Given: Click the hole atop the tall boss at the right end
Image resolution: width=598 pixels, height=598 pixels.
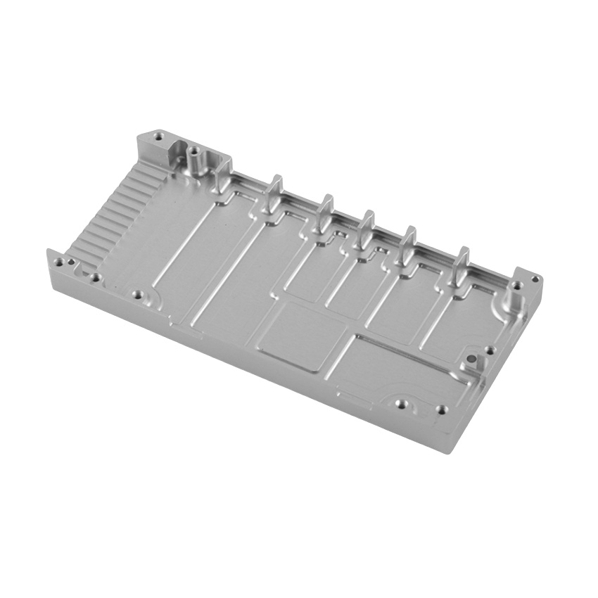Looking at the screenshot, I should tap(519, 300).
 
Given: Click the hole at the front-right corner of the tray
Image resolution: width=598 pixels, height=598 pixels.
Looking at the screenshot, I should tap(441, 409).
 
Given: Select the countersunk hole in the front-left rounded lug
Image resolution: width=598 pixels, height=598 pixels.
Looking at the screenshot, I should tap(138, 295).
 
